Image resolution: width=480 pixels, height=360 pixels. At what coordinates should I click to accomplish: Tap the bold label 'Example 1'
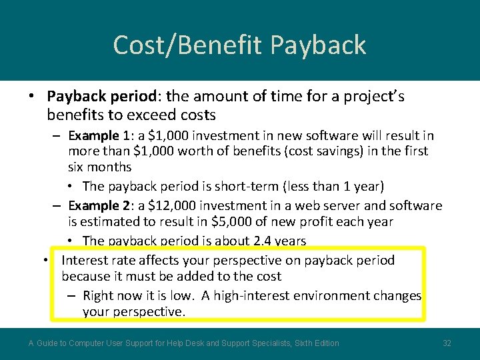[x=98, y=136]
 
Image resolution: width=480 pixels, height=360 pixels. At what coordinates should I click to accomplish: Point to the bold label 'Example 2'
[x=98, y=206]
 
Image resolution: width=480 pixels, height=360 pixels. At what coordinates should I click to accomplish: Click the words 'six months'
[x=99, y=167]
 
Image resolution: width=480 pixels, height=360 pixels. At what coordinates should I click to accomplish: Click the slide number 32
[x=447, y=343]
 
